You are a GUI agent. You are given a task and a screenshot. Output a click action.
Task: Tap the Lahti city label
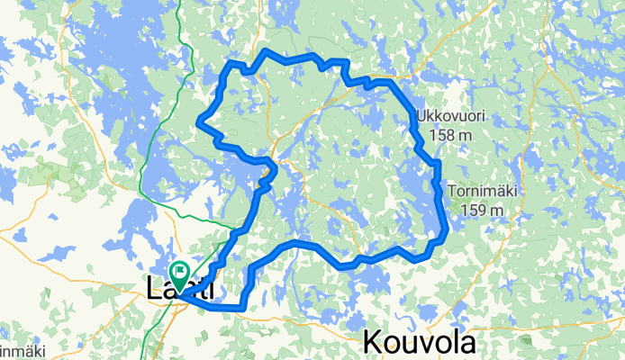[180, 290]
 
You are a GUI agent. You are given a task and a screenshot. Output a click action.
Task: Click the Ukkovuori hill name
[450, 117]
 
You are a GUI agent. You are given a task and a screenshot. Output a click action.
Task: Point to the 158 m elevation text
[450, 135]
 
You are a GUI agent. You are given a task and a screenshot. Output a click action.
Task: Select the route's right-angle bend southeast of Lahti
[243, 308]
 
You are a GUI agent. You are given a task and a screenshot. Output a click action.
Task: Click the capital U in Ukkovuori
[421, 117]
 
